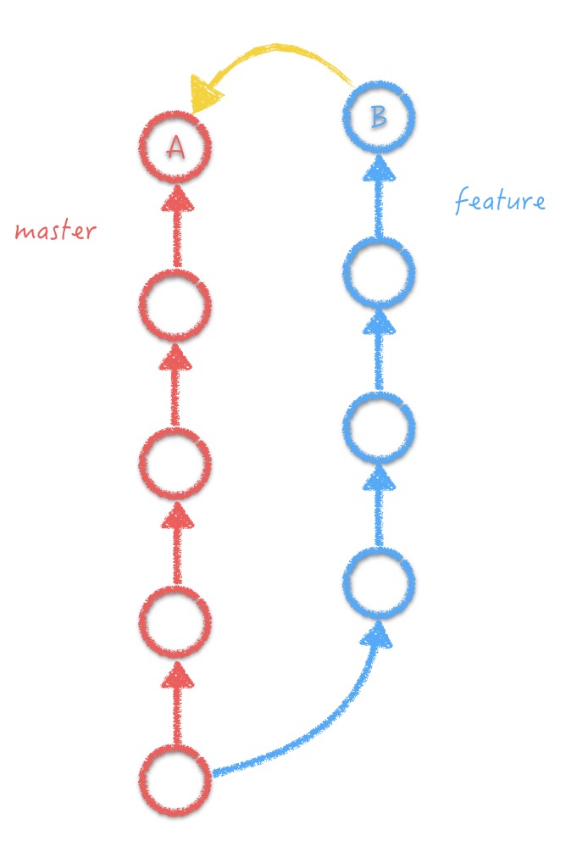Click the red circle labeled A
tap(175, 147)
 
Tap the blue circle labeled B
tap(379, 116)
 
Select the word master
tap(55, 231)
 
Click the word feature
tap(499, 202)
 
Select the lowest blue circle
tap(379, 583)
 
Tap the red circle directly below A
tap(175, 305)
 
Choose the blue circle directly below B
tap(379, 272)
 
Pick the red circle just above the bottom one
tap(175, 622)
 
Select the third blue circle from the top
tap(379, 427)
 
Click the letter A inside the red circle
tap(175, 148)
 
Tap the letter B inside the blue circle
tap(379, 116)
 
